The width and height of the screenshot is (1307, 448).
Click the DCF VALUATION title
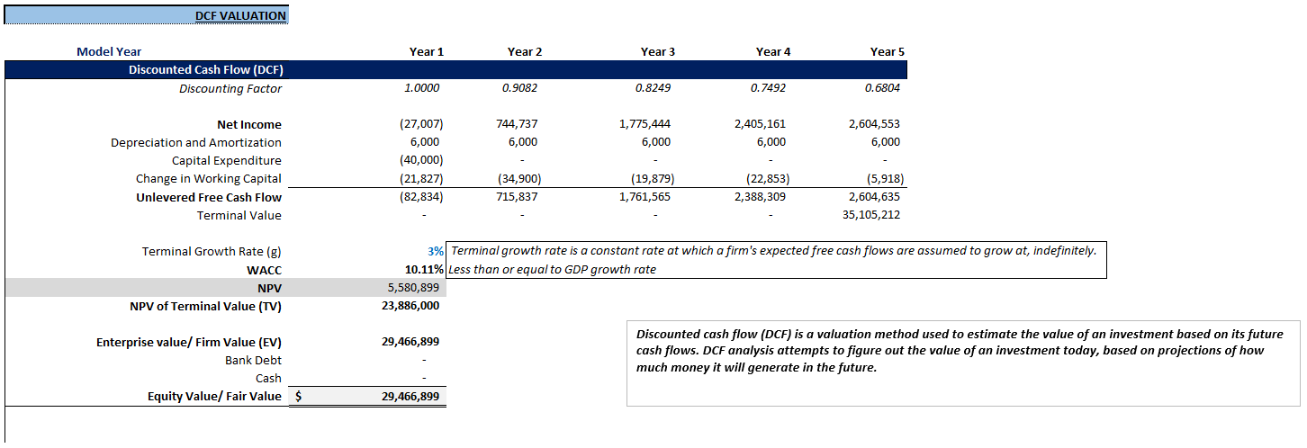point(240,15)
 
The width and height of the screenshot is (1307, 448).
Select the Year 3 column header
point(657,51)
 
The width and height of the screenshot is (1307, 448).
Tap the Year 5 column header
point(887,51)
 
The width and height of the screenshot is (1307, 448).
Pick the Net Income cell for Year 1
point(421,124)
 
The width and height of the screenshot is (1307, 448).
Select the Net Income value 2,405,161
point(762,124)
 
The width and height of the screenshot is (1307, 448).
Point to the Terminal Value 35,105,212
point(869,215)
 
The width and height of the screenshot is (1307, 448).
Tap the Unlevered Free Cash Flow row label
point(209,197)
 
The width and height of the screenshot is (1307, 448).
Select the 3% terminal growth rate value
point(436,251)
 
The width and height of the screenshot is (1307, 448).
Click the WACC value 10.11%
point(424,269)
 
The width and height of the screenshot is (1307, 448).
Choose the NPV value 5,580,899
point(411,287)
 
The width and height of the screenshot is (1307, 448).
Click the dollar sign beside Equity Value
point(299,396)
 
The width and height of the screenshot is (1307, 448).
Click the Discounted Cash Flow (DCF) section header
point(206,70)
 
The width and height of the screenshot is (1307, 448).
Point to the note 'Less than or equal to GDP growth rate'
point(552,269)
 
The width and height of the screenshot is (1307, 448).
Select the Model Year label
point(109,51)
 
